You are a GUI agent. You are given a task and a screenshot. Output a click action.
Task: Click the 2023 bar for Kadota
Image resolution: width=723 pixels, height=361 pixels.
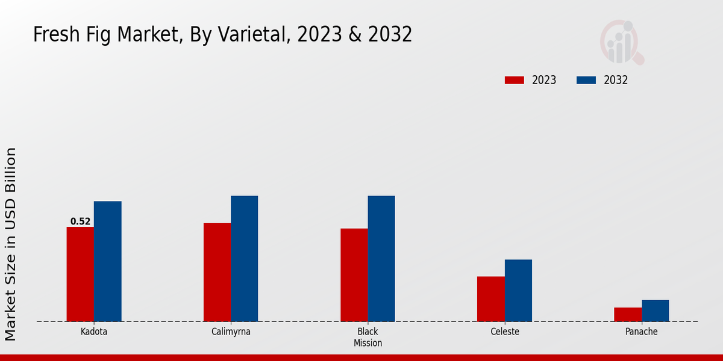pos(80,274)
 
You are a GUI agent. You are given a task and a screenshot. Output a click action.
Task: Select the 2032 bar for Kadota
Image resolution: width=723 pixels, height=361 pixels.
pos(107,261)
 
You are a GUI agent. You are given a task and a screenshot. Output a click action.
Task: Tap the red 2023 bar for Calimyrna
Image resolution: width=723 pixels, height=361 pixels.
pos(217,272)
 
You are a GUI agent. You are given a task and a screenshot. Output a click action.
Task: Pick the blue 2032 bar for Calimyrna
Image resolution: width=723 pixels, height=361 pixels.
pos(244,258)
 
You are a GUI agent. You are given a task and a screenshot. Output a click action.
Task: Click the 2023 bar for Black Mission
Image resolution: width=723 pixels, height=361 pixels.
pos(354,275)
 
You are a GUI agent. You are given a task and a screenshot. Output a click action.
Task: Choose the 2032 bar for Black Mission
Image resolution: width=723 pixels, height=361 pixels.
pos(381,258)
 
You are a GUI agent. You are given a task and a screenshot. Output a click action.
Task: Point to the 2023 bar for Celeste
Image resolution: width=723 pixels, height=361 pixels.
pos(490,299)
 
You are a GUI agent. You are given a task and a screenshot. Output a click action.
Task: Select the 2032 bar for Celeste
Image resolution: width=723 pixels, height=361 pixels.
pos(518,290)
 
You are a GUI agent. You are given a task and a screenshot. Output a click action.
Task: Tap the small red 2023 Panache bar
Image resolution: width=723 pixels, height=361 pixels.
pos(628,314)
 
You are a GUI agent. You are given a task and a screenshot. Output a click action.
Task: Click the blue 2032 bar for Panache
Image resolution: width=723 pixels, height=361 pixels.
pos(655,310)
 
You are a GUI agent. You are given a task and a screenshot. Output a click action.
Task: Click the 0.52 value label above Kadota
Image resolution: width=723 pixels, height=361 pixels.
pos(80,221)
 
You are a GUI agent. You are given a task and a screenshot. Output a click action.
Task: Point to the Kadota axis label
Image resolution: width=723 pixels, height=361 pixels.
pos(94,332)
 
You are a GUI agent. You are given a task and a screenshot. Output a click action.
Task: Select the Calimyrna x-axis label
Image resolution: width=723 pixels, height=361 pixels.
pos(231,332)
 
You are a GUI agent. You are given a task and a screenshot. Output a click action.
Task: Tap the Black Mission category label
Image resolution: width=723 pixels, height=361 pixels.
pos(368,337)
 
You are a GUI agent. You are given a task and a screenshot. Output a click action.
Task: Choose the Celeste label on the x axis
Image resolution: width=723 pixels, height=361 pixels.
pos(504,332)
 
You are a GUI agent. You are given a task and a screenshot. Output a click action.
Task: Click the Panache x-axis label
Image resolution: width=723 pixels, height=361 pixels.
pos(641,332)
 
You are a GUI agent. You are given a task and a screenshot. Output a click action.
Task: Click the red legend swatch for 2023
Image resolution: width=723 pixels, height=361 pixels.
pos(515,80)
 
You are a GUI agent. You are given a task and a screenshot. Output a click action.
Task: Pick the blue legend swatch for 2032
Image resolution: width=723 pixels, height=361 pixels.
pos(586,80)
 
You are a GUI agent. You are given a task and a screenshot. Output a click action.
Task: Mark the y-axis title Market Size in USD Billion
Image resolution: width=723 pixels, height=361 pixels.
pos(11,244)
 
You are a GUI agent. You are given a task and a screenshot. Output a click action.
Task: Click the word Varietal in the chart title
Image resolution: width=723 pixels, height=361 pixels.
pos(246,35)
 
